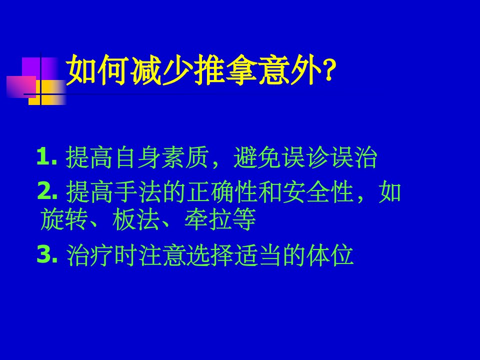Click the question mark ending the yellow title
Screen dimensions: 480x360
[329, 70]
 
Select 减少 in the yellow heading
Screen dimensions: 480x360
[162, 70]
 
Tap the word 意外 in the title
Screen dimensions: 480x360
[290, 70]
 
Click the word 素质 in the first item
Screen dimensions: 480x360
[185, 157]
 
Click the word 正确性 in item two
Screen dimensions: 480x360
[222, 192]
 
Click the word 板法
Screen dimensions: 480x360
[136, 219]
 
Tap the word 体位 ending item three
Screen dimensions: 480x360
[330, 254]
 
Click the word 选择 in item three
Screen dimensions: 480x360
[210, 254]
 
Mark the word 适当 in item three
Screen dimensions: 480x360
[258, 254]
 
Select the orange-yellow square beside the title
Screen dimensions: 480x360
[47, 92]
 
